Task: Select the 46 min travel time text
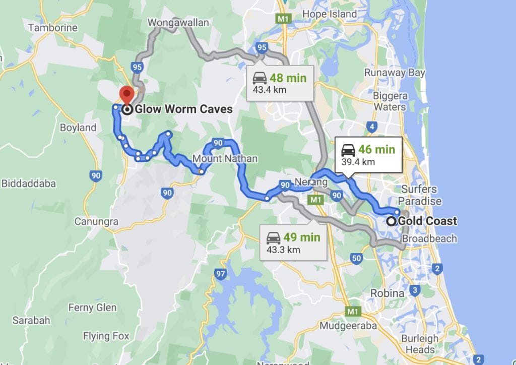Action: click(x=376, y=150)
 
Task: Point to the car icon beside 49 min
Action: click(x=273, y=237)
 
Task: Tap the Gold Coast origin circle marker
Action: click(x=392, y=221)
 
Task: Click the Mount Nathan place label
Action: click(x=225, y=159)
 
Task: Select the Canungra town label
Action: click(x=96, y=221)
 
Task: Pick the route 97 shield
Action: click(x=220, y=274)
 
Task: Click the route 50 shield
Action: click(x=356, y=259)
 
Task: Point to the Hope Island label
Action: click(x=329, y=14)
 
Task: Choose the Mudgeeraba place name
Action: click(x=348, y=326)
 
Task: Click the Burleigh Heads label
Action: click(x=420, y=344)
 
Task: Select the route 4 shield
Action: click(x=372, y=127)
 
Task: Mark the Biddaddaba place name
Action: click(x=29, y=184)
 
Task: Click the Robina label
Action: click(x=387, y=293)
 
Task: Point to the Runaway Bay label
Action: click(x=395, y=73)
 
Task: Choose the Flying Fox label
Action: click(x=106, y=336)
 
